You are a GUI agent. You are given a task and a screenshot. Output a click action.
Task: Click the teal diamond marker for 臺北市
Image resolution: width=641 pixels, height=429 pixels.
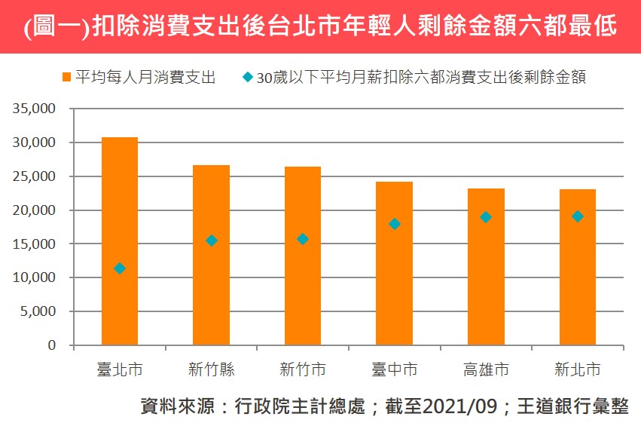[x=120, y=268]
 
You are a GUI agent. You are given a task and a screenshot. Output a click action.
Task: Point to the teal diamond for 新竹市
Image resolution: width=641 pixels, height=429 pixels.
[x=303, y=239]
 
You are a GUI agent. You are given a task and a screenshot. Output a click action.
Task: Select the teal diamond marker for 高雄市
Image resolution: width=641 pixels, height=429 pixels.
[x=486, y=217]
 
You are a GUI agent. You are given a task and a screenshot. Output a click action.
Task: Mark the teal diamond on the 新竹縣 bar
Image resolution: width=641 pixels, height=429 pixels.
[x=212, y=241]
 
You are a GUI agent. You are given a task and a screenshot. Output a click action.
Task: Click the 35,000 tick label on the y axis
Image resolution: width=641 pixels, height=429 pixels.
[x=35, y=109]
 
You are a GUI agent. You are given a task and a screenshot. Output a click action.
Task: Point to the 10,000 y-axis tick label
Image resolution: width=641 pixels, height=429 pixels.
[x=35, y=277]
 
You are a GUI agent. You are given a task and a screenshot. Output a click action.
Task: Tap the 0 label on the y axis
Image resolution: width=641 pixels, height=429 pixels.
[x=52, y=345]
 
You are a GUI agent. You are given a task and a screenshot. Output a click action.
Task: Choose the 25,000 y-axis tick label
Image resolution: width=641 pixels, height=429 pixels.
[x=35, y=176]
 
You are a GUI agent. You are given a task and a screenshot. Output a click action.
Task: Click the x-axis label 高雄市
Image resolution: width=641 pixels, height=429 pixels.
[x=486, y=370]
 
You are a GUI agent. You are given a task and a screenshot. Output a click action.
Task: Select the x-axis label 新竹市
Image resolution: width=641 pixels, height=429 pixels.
[x=303, y=370]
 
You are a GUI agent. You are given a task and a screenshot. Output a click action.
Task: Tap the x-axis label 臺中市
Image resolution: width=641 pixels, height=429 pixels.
[x=395, y=370]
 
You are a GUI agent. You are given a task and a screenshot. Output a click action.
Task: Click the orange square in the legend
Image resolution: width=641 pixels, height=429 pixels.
[x=67, y=78]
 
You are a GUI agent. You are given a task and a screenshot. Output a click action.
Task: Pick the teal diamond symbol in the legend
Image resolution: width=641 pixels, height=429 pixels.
[x=247, y=77]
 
